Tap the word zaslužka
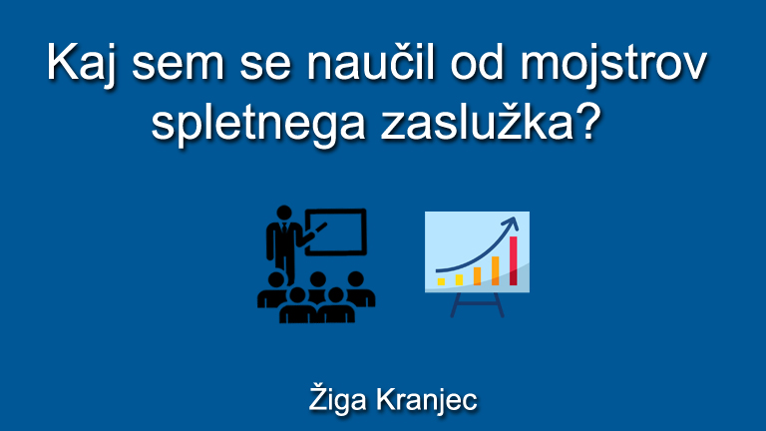coord(482,123)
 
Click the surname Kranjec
coord(426,399)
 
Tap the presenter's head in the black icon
coord(285,215)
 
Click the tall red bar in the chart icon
coord(514,260)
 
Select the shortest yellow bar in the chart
coord(441,281)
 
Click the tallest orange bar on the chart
coord(496,270)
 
